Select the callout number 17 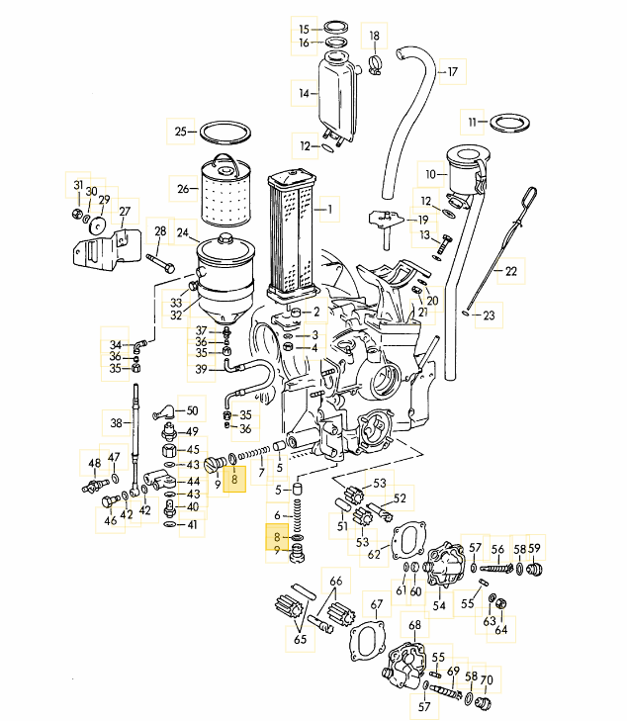pos(452,72)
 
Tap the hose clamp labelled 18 pos(375,66)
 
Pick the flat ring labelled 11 pos(508,123)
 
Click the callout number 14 pos(306,94)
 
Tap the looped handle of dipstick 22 pos(530,194)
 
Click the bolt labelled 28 pos(163,264)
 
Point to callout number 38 pos(117,422)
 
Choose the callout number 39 pos(201,370)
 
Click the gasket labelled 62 pos(403,540)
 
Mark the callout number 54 pos(439,604)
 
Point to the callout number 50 pos(192,410)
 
